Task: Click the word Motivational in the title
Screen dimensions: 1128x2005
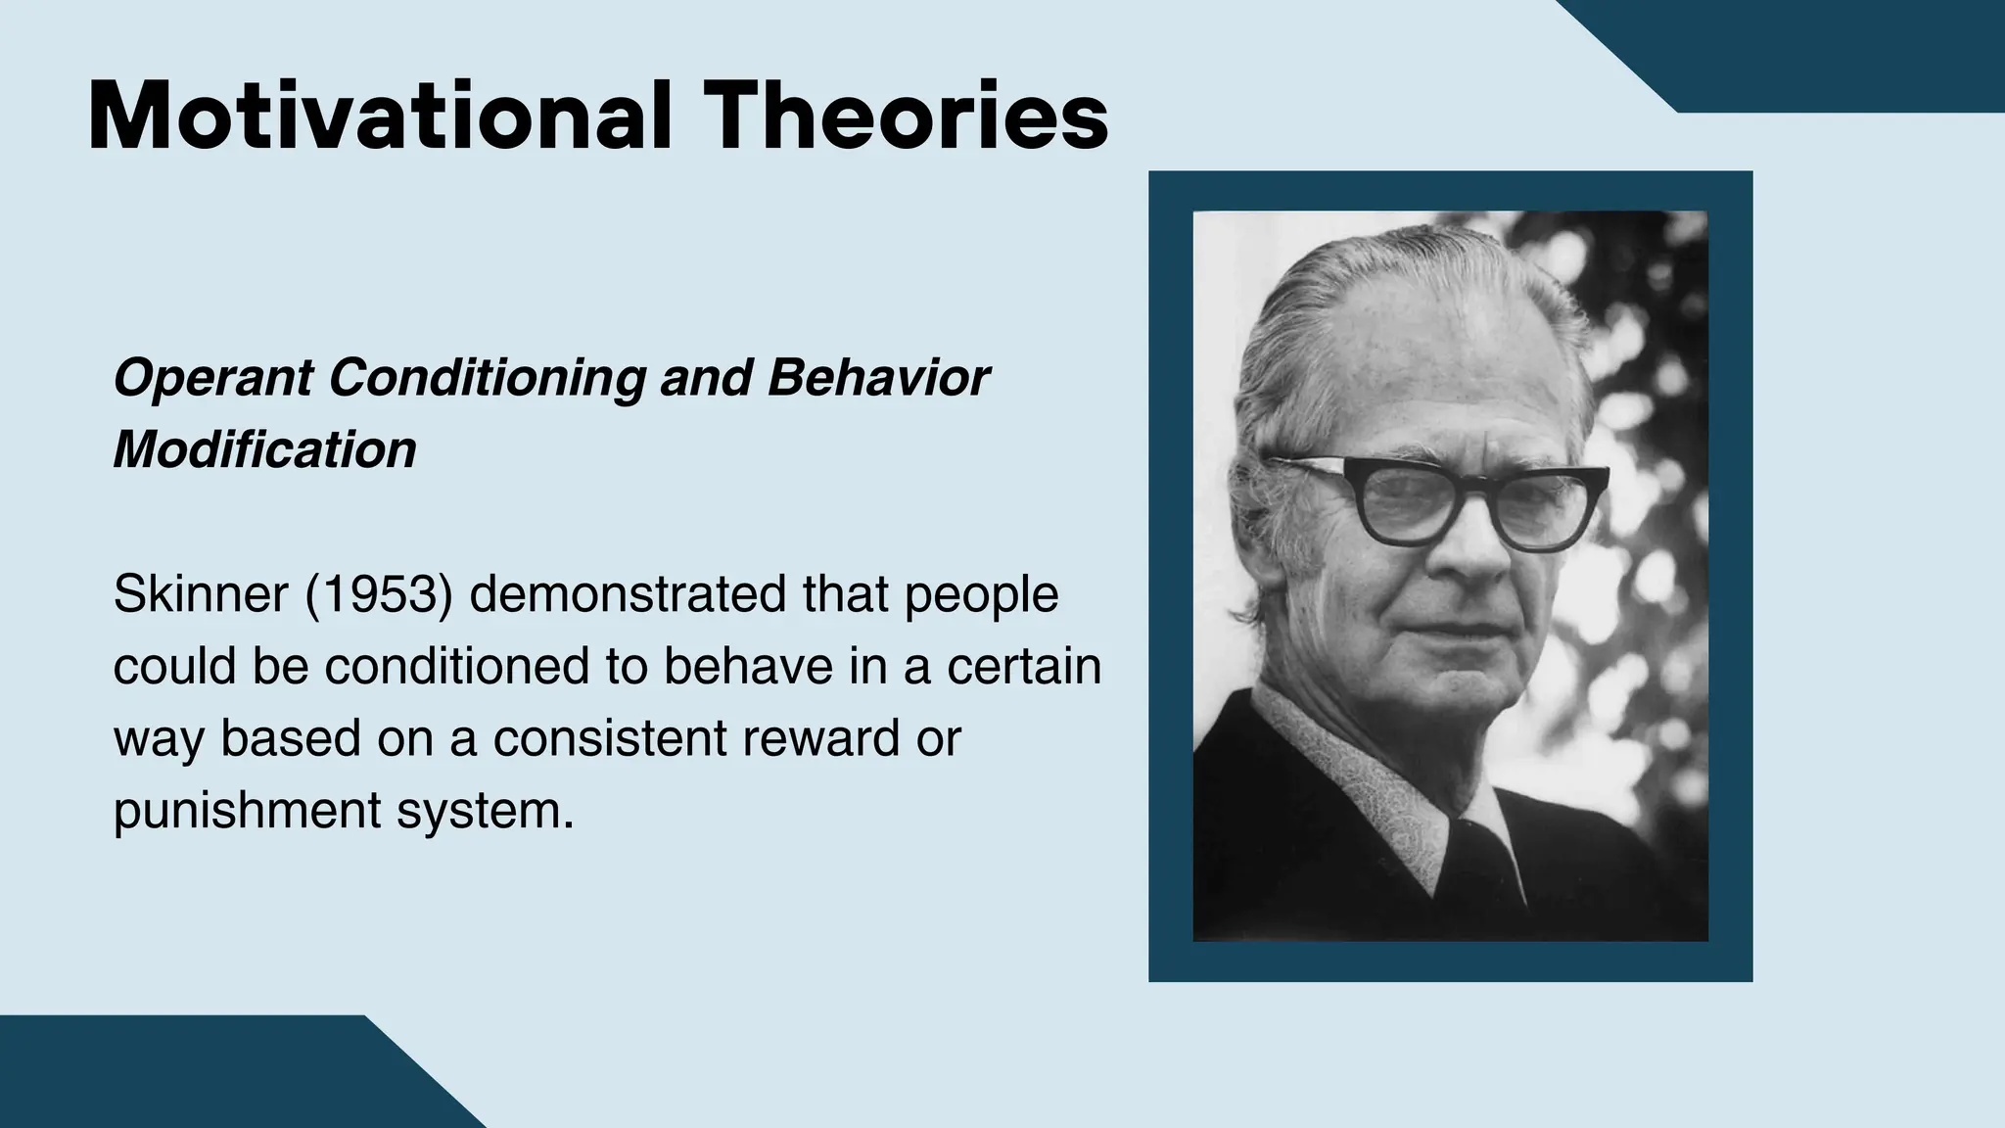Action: [380, 117]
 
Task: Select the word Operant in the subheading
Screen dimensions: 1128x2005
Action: [212, 379]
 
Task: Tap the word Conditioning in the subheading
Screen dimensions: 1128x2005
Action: [485, 377]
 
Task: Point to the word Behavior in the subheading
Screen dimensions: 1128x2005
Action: [878, 377]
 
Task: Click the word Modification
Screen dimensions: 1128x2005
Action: [264, 450]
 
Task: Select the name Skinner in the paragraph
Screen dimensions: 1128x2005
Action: [200, 594]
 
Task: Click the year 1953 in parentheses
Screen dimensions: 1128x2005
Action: [379, 594]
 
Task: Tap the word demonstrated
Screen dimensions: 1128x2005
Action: [628, 594]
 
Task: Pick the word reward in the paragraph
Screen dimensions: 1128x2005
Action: [820, 738]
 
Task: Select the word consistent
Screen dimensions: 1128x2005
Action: [610, 738]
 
